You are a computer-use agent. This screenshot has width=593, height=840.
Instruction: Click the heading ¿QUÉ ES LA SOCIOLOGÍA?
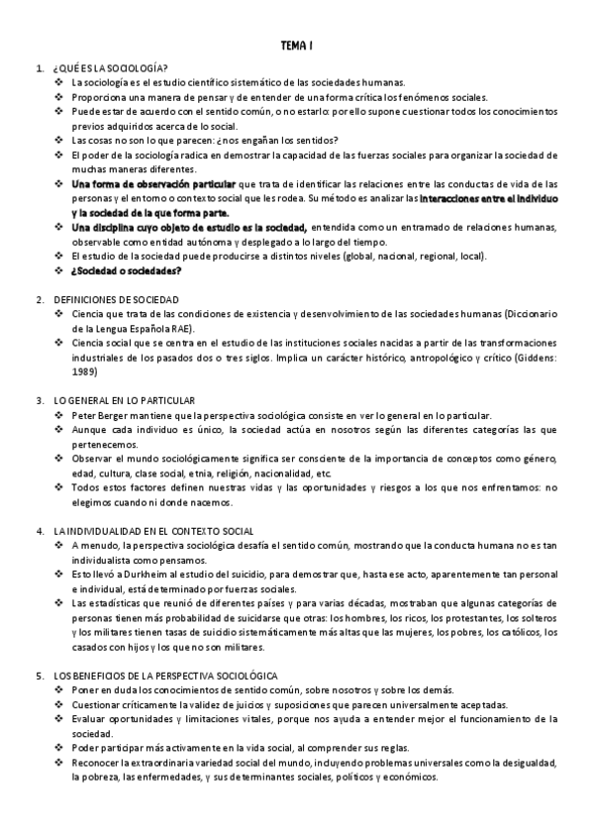click(x=110, y=67)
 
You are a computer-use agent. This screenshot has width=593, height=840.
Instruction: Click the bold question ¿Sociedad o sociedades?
click(x=126, y=270)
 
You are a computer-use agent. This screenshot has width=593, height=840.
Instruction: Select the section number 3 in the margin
click(x=39, y=400)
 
